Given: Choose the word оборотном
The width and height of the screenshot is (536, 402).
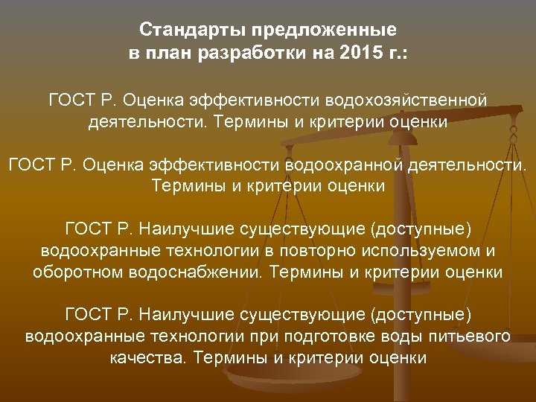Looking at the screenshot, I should click(74, 272).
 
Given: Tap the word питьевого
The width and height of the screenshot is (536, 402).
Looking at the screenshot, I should click(469, 336).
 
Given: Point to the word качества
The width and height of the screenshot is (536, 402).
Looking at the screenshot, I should click(145, 358).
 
